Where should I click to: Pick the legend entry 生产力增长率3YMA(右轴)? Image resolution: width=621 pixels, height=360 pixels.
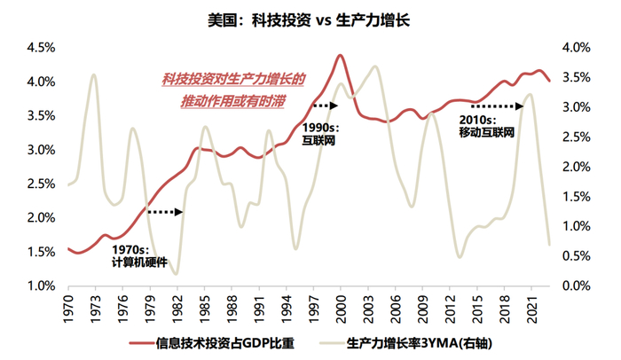pos(417,341)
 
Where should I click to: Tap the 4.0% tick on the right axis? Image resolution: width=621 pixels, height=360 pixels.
pos(576,47)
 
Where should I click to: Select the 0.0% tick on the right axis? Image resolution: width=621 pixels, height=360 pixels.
pos(576,286)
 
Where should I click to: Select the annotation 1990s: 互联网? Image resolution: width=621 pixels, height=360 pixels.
pos(318,134)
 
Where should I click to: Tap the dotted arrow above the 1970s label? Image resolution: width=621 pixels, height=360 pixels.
pos(165,212)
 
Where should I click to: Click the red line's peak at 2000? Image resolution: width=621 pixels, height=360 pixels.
pos(340,55)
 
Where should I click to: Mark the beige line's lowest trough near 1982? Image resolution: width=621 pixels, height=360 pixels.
pos(176,273)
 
